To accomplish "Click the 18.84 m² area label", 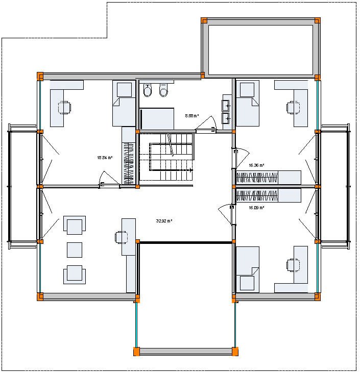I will pos(104,158).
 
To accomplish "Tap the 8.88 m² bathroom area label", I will pos(191,116).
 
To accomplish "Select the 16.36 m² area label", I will pos(256,165).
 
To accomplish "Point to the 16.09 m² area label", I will pos(256,208).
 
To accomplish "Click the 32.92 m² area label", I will pos(163,221).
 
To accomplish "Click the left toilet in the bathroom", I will pos(148,92).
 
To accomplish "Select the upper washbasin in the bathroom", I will pos(225,106).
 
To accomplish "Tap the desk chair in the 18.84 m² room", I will pos(65,108).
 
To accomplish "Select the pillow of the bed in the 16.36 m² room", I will pos(247,90).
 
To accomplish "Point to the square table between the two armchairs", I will pos(75,250).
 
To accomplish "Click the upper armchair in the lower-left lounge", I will pos(75,225).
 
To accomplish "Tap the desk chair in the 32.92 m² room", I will pos(121,236).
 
